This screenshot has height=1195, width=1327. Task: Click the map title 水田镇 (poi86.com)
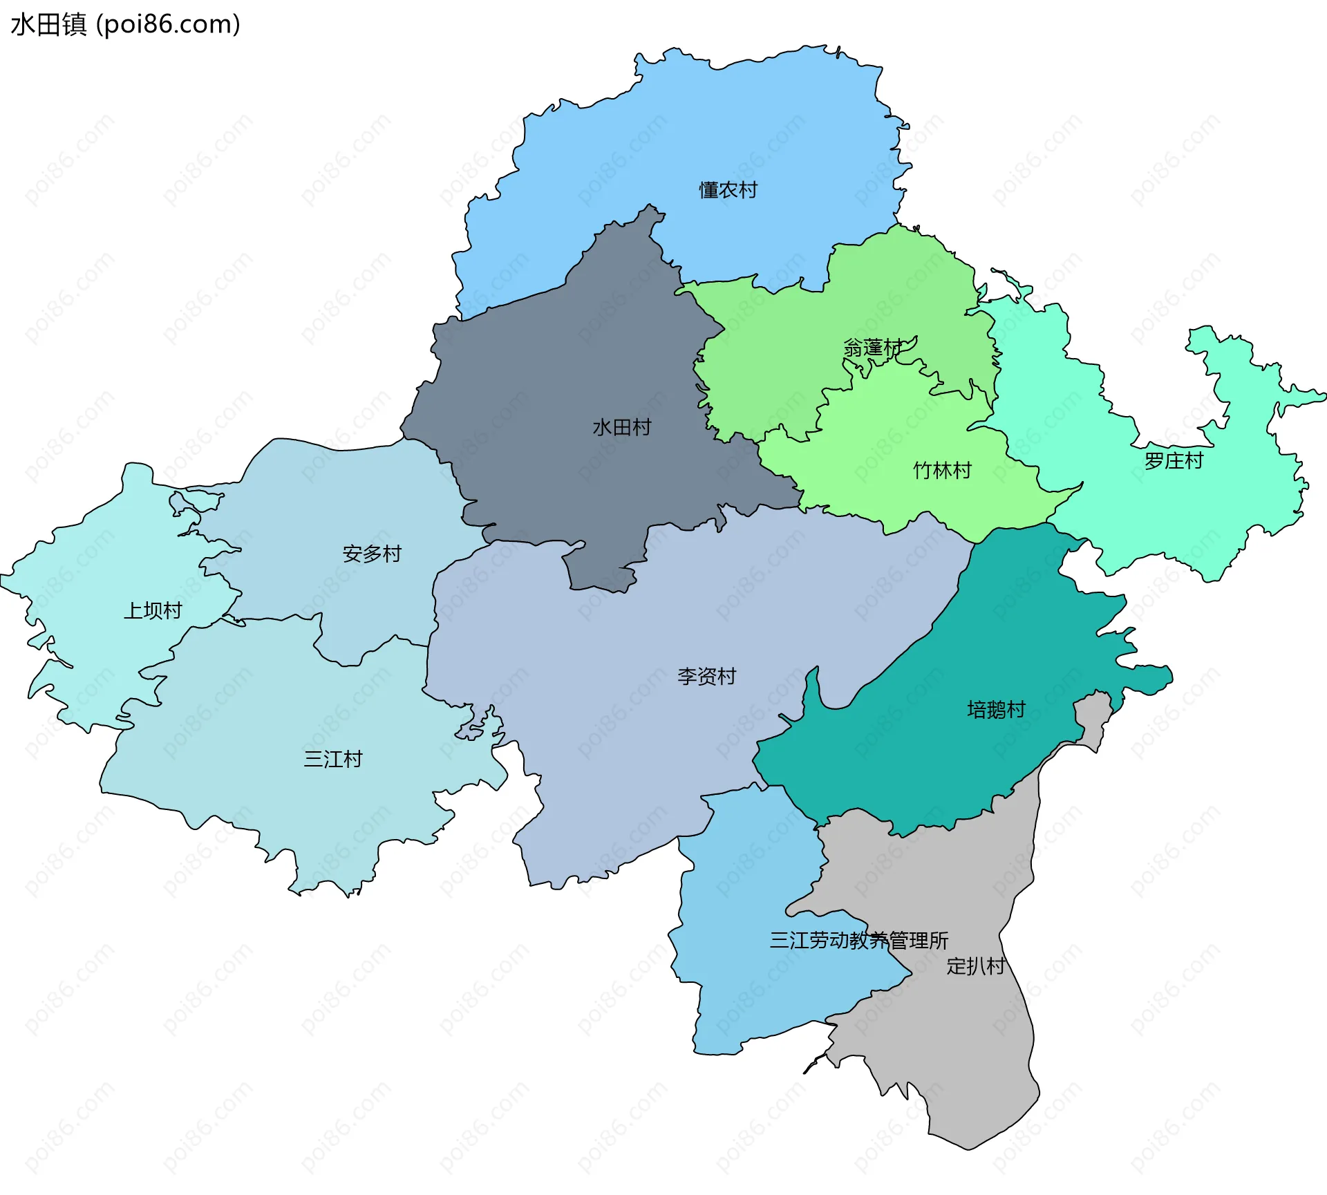tap(125, 24)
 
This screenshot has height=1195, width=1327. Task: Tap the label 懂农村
tap(728, 190)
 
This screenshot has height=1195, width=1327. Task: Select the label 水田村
tap(621, 428)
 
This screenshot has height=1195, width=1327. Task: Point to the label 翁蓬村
tap(872, 348)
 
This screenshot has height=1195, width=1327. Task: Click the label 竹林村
tap(942, 471)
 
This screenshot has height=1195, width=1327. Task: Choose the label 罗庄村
tap(1174, 461)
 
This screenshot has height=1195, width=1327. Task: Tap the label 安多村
tap(372, 554)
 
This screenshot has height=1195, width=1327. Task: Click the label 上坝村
tap(153, 611)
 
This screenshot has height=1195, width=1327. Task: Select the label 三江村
tap(333, 760)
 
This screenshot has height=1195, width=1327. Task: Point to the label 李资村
tap(706, 677)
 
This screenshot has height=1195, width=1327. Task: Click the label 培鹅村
tap(996, 710)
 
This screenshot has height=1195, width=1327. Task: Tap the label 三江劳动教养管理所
tap(858, 941)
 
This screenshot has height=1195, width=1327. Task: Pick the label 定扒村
tap(975, 966)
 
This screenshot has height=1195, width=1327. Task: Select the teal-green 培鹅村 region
tap(933, 760)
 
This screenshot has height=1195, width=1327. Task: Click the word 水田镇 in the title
tap(48, 24)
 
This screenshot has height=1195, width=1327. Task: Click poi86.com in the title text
tap(168, 24)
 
